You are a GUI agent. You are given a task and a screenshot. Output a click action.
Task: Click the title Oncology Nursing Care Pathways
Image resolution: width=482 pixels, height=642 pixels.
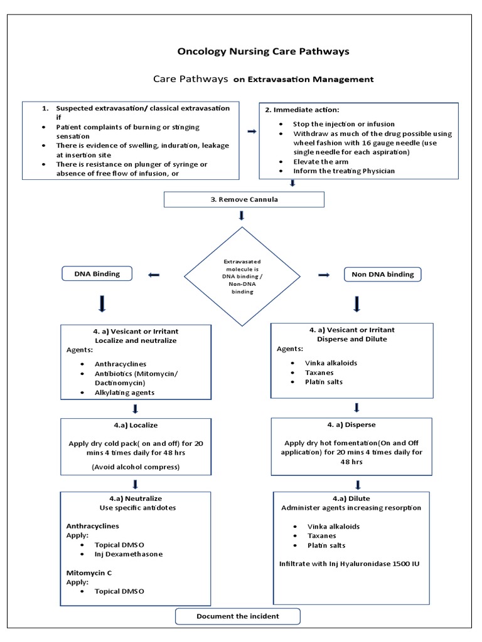pos(264,51)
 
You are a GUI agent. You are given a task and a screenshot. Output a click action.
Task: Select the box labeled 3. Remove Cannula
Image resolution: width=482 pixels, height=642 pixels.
pos(244,199)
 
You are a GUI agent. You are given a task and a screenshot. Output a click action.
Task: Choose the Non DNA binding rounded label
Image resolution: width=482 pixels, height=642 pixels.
pos(383,274)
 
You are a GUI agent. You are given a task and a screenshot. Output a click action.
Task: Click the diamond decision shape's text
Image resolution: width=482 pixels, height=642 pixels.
pos(242,276)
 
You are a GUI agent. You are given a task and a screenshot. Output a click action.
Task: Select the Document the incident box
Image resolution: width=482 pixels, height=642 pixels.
pos(238,616)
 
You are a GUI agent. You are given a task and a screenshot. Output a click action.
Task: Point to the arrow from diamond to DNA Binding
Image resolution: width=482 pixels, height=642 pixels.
pos(153,275)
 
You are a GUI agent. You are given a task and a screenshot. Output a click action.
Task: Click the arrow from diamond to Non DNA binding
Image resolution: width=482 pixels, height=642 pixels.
pos(324,275)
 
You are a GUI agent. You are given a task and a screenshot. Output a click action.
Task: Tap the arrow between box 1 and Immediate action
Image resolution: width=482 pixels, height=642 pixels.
pos(252,131)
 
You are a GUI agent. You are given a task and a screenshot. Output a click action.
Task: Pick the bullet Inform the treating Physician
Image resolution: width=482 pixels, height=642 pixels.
pos(344,171)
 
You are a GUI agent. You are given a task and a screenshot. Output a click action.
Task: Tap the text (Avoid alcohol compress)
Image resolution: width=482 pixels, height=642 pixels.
pos(136,466)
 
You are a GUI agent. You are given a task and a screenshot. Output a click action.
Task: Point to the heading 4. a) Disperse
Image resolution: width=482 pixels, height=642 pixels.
pos(351,424)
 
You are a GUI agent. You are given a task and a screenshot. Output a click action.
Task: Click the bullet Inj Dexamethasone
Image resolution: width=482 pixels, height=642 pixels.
pos(129,554)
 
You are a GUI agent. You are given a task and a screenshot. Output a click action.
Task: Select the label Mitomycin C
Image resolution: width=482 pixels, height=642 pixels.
pos(88,572)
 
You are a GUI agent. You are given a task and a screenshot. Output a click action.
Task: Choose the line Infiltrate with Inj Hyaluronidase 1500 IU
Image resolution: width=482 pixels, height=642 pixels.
pos(350,564)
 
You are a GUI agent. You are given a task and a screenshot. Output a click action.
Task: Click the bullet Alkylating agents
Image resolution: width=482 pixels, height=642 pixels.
pos(124,392)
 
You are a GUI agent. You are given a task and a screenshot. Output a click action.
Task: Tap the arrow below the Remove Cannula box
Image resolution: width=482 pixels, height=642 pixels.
pos(242,216)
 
